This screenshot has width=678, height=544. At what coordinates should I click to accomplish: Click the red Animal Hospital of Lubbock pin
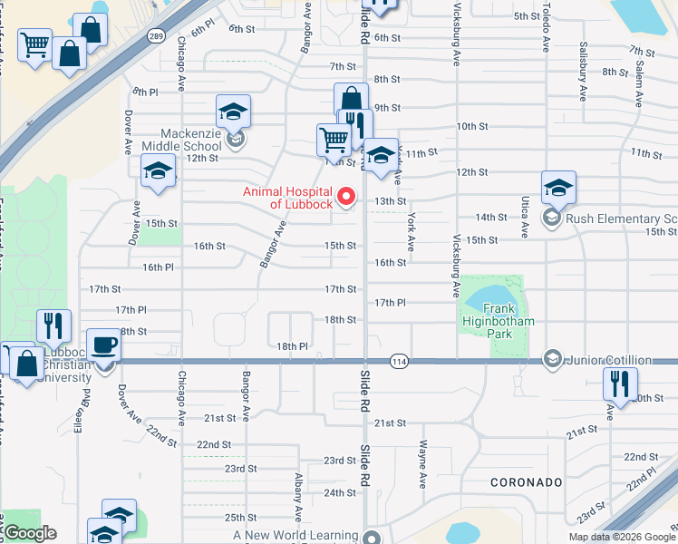pos(344,196)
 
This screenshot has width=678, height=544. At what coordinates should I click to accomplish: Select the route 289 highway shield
pos(156,35)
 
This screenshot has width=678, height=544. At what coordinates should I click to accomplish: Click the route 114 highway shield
pos(398,362)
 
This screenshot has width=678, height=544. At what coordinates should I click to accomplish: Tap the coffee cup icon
pos(104,345)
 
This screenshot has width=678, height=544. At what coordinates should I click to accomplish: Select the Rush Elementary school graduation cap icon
pos(559,188)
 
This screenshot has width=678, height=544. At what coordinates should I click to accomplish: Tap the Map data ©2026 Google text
pos(622,537)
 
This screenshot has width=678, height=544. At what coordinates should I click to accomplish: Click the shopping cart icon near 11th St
pos(334,140)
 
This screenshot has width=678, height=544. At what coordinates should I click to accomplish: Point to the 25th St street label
pos(240,518)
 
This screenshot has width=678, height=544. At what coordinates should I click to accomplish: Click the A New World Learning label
pos(295,536)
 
